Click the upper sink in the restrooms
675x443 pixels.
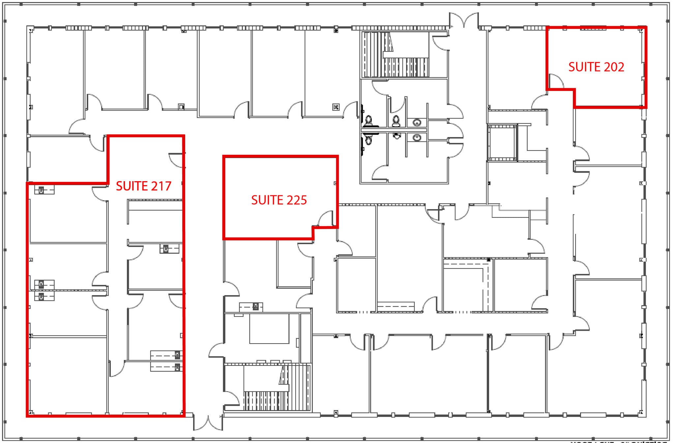coord(417,123)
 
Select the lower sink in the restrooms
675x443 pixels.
coord(417,137)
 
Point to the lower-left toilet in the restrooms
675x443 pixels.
coord(368,140)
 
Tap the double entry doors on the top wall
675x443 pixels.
coord(464,20)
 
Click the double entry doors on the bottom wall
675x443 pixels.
coord(208,423)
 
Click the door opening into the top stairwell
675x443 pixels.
coord(440,43)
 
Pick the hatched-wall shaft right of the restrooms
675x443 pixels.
coord(502,143)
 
